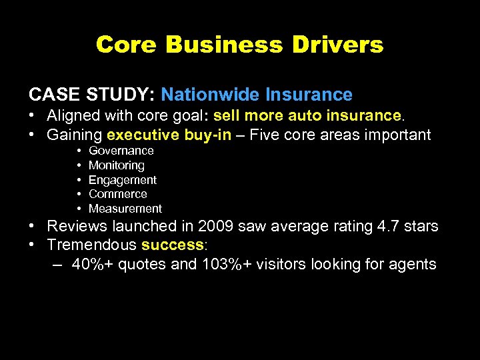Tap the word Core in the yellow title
click(x=126, y=45)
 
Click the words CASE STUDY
click(x=91, y=95)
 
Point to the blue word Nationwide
click(x=210, y=95)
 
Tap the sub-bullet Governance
click(x=121, y=151)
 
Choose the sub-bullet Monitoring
click(x=116, y=165)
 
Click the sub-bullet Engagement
click(x=123, y=180)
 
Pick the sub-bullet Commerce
click(x=117, y=194)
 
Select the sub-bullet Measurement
click(x=125, y=209)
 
